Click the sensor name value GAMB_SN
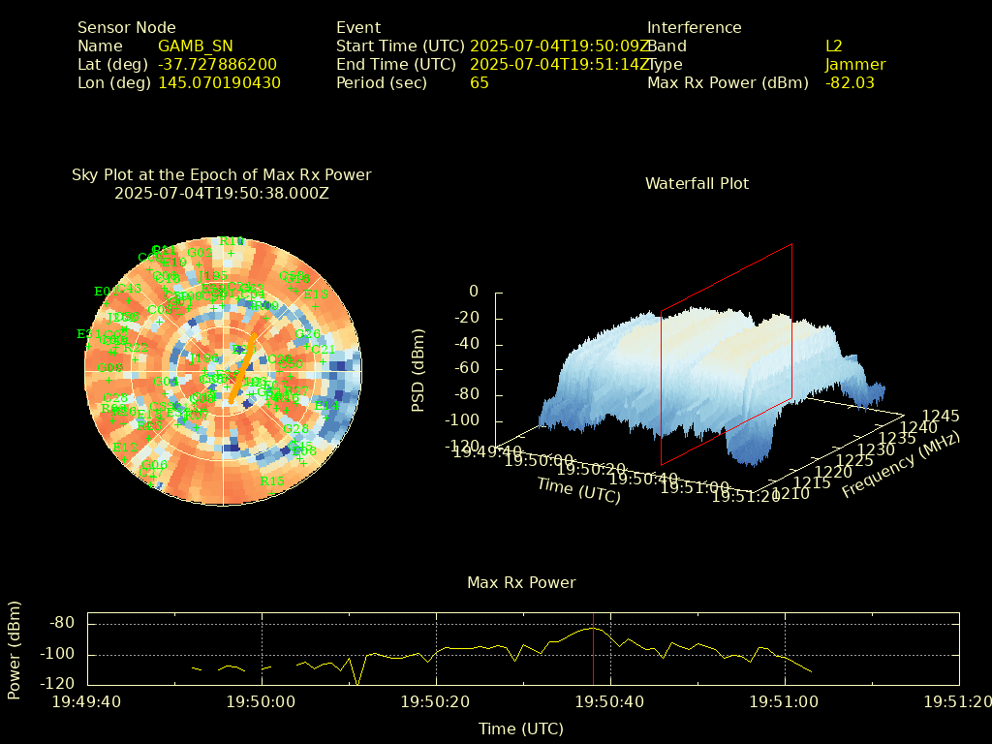(x=195, y=46)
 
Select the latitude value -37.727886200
(x=217, y=64)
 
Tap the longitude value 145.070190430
(x=219, y=82)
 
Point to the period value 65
(x=480, y=82)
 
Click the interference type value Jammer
(x=855, y=64)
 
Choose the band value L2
(x=834, y=46)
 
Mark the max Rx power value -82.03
(x=850, y=82)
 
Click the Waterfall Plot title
(x=697, y=183)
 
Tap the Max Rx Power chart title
(x=521, y=582)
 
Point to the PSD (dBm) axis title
(x=418, y=373)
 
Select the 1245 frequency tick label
(x=941, y=416)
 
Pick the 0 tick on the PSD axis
(x=473, y=291)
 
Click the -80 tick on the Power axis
(x=62, y=622)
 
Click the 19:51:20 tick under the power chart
(x=958, y=701)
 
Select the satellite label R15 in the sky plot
(x=272, y=480)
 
